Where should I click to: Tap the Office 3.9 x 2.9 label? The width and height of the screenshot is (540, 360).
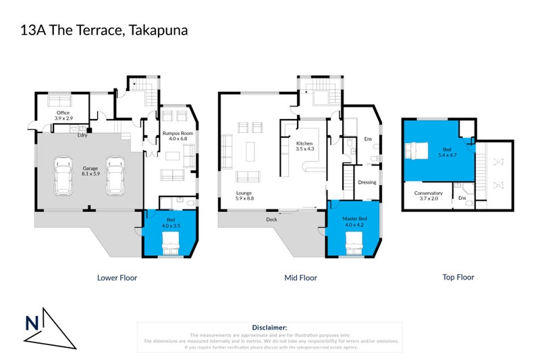62,115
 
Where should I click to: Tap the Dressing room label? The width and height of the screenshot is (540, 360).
367,182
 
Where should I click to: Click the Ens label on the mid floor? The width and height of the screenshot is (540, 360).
368,139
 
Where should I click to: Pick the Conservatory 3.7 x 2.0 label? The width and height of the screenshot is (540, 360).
428,196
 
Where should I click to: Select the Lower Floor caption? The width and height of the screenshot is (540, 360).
117,277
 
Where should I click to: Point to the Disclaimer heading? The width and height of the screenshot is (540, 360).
269,327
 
